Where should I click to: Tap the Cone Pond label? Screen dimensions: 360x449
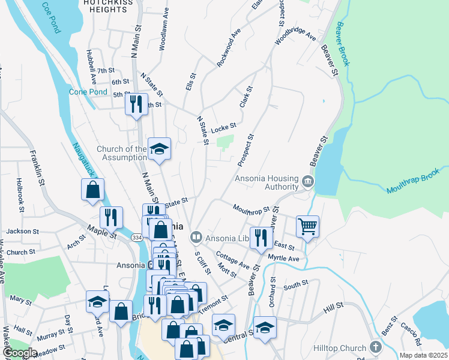point(88,92)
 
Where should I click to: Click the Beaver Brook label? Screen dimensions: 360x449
point(346,44)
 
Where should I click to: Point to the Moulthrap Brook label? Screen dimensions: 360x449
point(414,184)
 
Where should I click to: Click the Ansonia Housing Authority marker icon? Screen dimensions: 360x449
point(308,181)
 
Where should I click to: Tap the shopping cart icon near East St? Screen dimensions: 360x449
point(307,227)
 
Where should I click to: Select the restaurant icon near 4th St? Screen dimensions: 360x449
point(136,104)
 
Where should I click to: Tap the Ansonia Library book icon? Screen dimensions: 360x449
point(195,238)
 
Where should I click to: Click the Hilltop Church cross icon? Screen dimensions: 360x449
point(375,347)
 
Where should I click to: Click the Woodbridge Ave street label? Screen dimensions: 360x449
point(295,37)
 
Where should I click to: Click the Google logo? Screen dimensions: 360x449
point(20,352)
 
